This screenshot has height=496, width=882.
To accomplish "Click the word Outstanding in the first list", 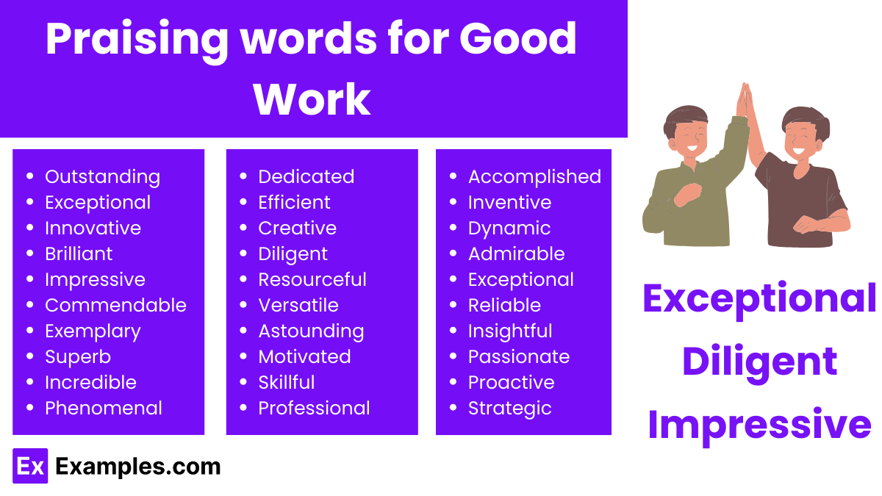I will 102,176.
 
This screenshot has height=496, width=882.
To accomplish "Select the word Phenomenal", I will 104,408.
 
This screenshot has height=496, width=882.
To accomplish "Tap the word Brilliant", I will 79,254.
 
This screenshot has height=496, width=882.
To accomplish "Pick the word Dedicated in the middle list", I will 306,176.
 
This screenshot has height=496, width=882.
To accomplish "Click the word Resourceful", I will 312,279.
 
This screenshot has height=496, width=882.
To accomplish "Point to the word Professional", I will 314,408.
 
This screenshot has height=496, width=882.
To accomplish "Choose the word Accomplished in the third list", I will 534,176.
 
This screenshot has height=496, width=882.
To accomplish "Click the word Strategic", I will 509,408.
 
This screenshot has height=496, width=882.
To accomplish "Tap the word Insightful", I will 510,331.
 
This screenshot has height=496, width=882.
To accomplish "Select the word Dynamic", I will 509,228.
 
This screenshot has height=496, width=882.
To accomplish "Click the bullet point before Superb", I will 30,357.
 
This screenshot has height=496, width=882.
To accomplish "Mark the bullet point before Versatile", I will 243,306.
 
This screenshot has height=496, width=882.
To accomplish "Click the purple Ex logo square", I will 30,466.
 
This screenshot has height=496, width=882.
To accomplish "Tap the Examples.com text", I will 138,466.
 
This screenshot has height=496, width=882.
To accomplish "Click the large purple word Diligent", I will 760,361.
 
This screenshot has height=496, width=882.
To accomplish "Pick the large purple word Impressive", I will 760,424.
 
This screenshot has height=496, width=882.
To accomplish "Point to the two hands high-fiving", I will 745,101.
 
